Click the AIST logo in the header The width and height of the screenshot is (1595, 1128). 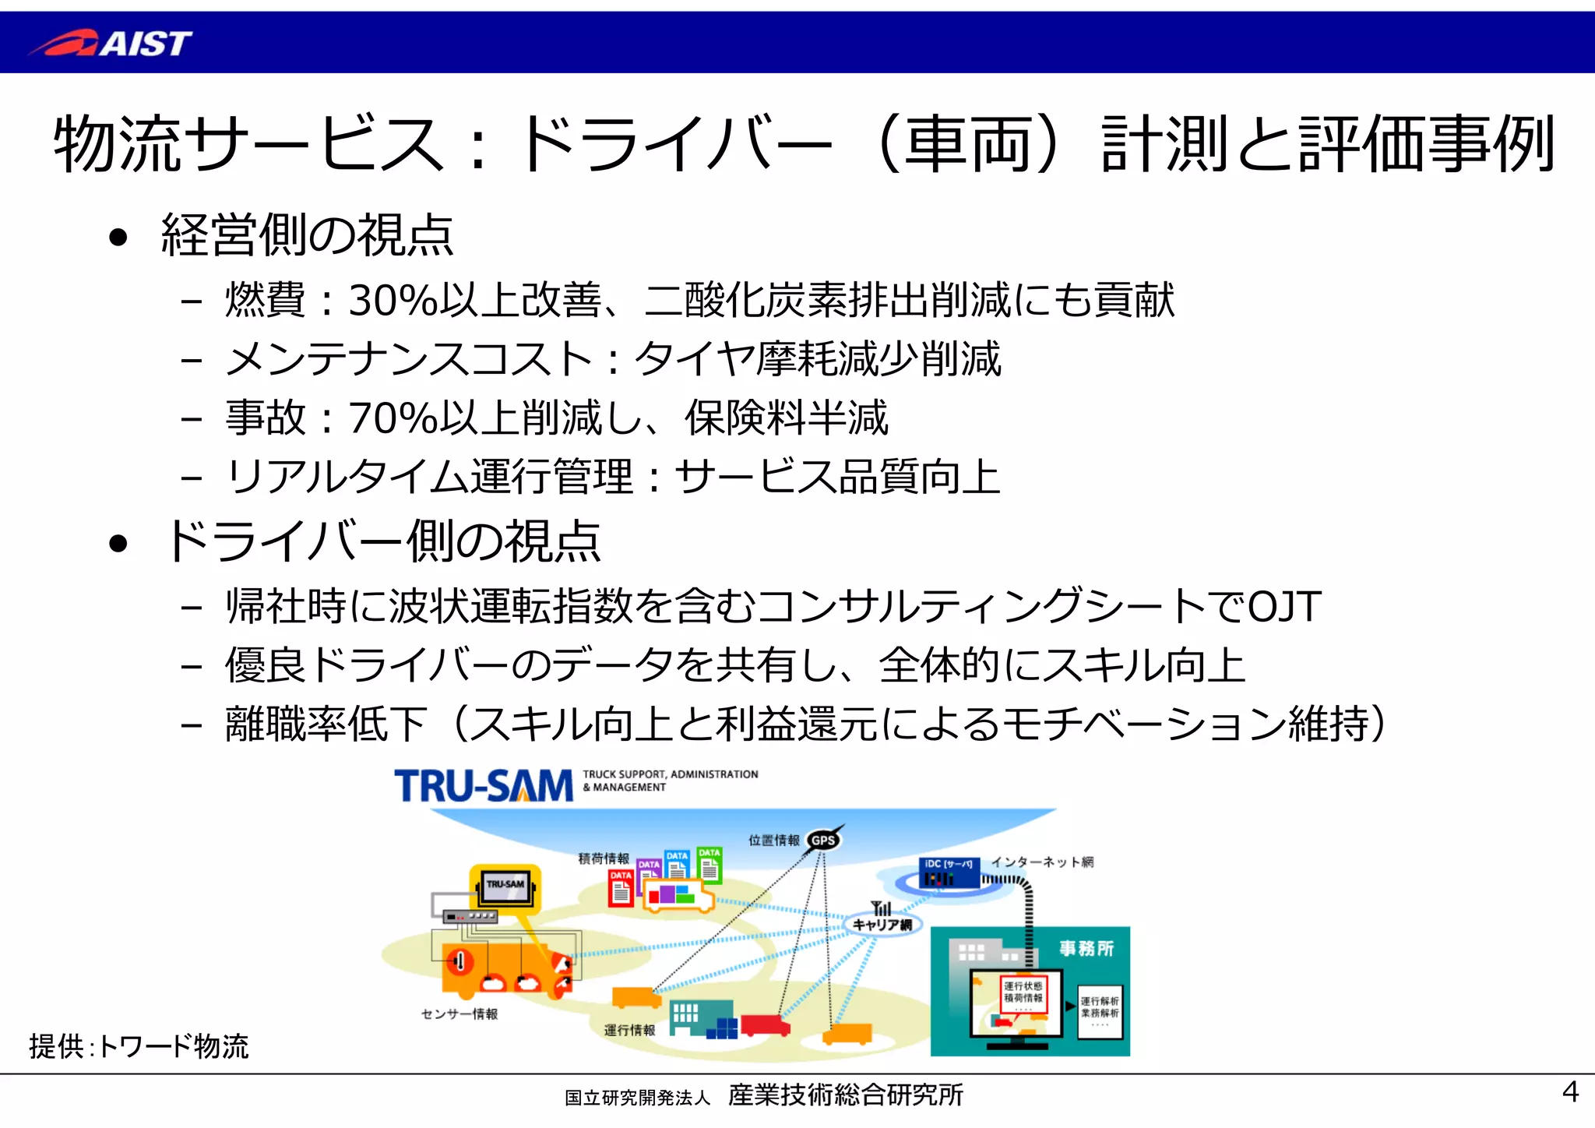[111, 43]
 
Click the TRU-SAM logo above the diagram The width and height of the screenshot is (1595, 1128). [483, 785]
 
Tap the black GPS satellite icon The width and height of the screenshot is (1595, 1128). [824, 840]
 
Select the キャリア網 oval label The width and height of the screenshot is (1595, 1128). [882, 925]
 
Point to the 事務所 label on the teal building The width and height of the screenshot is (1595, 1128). [1086, 948]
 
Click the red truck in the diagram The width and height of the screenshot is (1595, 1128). [764, 1025]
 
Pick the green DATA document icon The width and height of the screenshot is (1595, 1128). [709, 864]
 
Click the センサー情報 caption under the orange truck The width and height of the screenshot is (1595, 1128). [459, 1013]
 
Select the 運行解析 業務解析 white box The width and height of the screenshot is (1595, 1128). [1100, 1011]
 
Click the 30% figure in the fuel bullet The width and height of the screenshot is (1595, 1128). [393, 301]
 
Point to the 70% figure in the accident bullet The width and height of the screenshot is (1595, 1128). [393, 418]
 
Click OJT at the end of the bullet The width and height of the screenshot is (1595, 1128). [1284, 607]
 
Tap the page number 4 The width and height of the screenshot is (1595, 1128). [1570, 1091]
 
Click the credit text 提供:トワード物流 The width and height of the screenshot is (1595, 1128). [139, 1046]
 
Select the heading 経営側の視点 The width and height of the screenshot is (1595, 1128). [307, 235]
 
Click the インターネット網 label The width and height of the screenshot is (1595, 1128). [1042, 862]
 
